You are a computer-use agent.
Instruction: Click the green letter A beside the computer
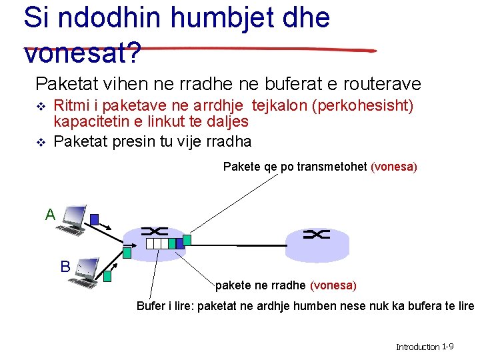[50, 215]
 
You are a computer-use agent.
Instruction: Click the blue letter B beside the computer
[65, 267]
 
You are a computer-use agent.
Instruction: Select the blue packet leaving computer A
[95, 219]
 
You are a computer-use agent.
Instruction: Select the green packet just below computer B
[106, 275]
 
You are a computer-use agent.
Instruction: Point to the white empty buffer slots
[157, 243]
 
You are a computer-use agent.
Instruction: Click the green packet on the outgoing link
[187, 239]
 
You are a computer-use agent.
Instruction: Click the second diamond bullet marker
[41, 141]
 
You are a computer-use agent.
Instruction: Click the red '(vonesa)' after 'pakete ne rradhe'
[333, 285]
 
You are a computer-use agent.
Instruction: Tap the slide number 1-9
[448, 347]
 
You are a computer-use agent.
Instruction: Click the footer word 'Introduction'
[418, 347]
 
